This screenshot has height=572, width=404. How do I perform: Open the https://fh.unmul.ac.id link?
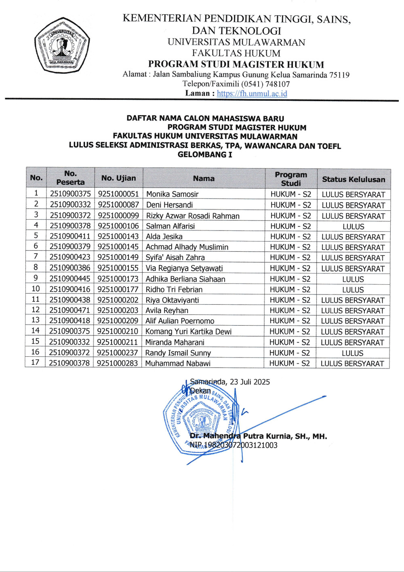coord(252,93)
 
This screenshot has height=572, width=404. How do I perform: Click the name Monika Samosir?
coord(172,194)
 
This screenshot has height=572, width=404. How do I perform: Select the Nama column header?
coord(204,178)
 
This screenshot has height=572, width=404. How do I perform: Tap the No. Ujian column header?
coord(118,178)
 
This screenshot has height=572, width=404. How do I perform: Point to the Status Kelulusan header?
coord(353,179)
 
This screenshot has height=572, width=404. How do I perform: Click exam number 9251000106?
coord(118,226)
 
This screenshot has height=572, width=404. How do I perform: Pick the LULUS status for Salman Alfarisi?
coord(353,227)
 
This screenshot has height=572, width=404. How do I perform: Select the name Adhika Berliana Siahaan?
coord(185,279)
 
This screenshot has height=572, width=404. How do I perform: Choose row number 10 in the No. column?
coord(36,289)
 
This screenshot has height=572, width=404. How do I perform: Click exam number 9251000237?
coord(118,353)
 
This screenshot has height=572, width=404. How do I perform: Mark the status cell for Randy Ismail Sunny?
coord(353,353)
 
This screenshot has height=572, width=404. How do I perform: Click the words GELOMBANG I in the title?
coord(205,155)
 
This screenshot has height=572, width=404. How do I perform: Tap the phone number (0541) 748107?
coord(265,84)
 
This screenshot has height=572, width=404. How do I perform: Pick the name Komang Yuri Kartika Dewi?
coord(188,332)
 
